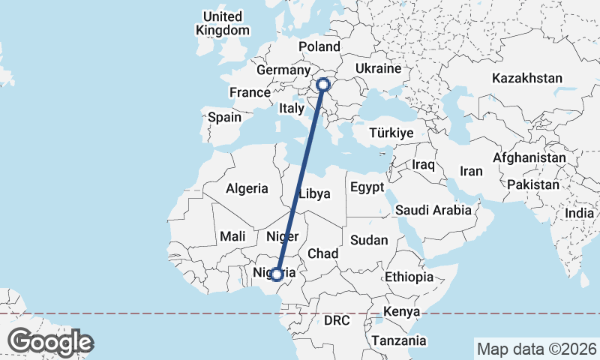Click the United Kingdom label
pos(222,23)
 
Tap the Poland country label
pos(319,47)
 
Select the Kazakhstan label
pos(527,78)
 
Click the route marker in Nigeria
pos(277,274)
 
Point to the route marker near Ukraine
pos(323,84)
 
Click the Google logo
pos(50,342)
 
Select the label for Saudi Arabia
pos(433,210)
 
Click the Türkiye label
pos(391,133)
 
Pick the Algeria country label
pos(247,187)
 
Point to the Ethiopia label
pos(409,277)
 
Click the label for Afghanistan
pos(529,158)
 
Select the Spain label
pos(225,117)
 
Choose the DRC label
pos(337,320)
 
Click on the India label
pos(579,213)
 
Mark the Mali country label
pos(232,236)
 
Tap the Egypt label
pos(367,187)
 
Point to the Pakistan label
pos(533,184)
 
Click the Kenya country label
pos(401,311)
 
